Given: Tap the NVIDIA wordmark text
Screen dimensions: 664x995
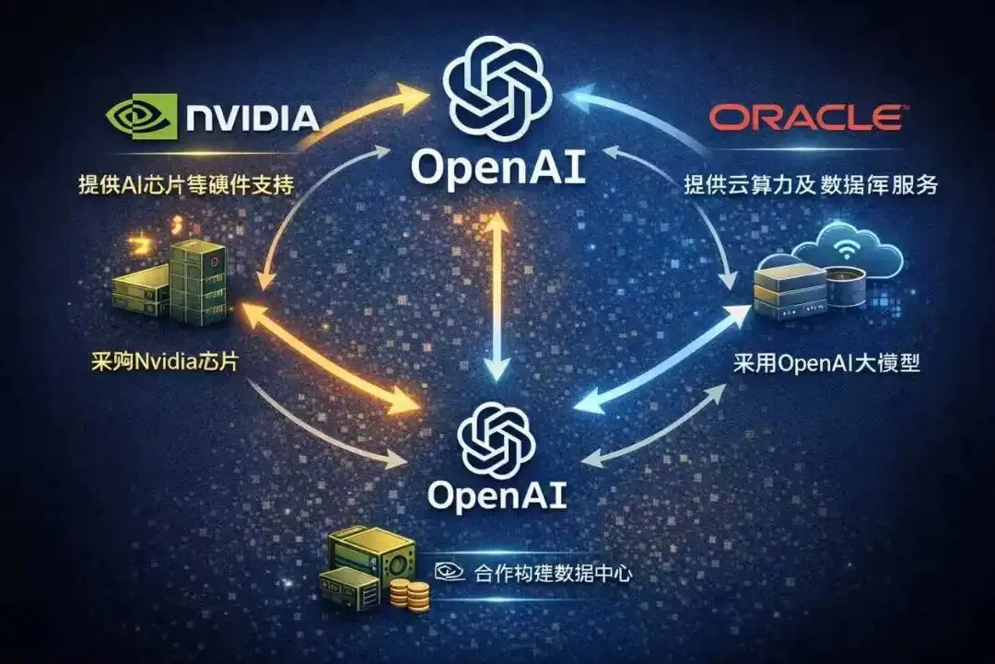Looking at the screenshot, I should tap(252, 118).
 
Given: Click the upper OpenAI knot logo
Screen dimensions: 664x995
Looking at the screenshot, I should tap(497, 87).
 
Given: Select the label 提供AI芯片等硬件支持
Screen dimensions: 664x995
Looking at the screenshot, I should tap(185, 184).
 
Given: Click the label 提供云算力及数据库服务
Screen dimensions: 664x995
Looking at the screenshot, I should tap(810, 184).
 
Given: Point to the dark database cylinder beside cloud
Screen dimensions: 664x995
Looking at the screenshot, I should tap(845, 287).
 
